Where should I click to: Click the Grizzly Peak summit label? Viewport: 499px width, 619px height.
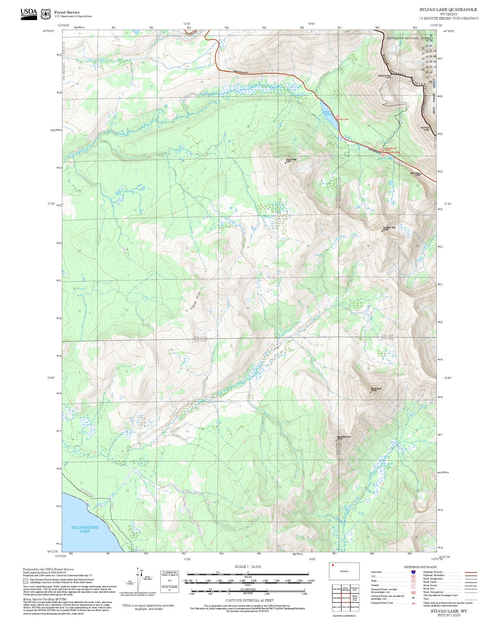291,160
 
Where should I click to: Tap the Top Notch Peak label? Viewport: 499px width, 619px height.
389,228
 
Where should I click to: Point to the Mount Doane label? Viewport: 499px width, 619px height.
376,389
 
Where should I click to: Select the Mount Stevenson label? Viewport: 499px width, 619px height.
344,437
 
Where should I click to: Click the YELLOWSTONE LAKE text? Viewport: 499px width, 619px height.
85,529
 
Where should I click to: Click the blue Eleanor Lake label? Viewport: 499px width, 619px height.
385,158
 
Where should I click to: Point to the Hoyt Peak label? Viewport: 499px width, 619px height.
425,129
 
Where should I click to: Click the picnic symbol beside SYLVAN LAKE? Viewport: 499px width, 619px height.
338,116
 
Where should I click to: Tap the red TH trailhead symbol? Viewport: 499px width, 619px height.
381,149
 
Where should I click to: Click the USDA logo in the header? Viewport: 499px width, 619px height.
29,13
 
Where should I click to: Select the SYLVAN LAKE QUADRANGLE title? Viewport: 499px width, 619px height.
448,10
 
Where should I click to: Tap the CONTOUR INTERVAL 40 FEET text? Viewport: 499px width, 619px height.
249,600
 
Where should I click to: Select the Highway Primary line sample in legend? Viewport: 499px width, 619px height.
471,572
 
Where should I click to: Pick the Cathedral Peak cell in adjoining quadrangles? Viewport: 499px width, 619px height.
354,589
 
